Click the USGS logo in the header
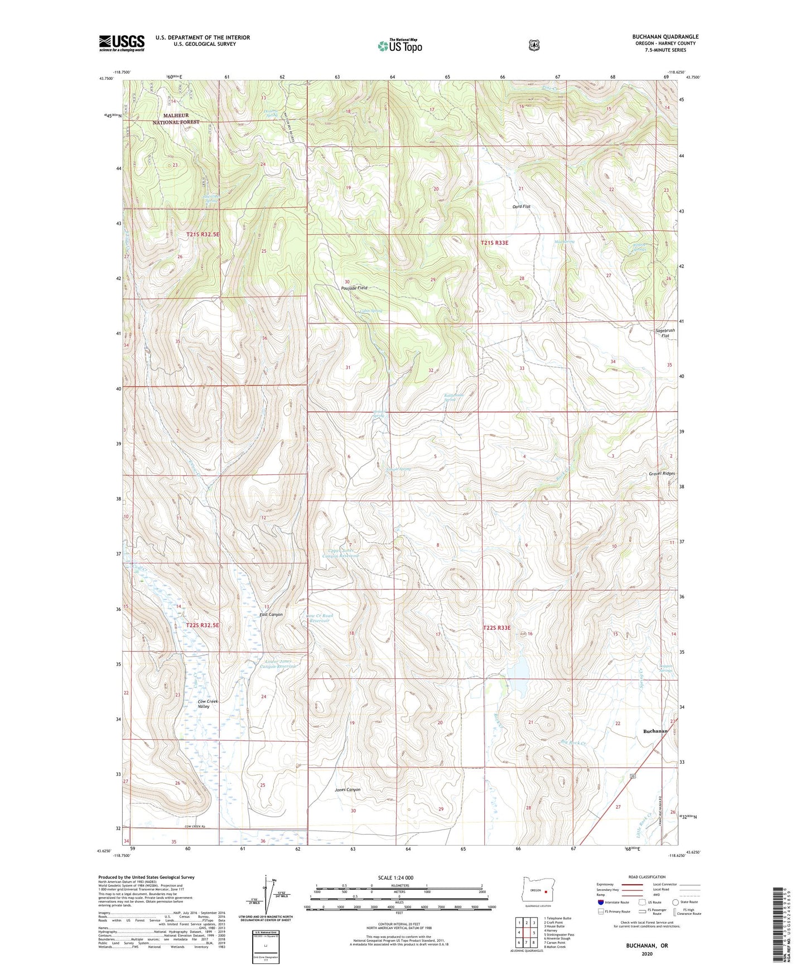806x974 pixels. [122, 43]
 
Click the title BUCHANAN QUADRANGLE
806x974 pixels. [662, 37]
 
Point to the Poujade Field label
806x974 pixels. [354, 288]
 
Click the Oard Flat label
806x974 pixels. [521, 207]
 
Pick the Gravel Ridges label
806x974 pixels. [662, 473]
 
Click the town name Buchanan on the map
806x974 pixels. [655, 731]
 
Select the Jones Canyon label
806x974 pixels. [348, 789]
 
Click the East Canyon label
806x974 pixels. [271, 614]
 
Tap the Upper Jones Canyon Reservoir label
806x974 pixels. [342, 553]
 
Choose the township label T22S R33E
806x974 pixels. [496, 628]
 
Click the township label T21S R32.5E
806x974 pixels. [203, 235]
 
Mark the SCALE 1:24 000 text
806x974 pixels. [395, 877]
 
